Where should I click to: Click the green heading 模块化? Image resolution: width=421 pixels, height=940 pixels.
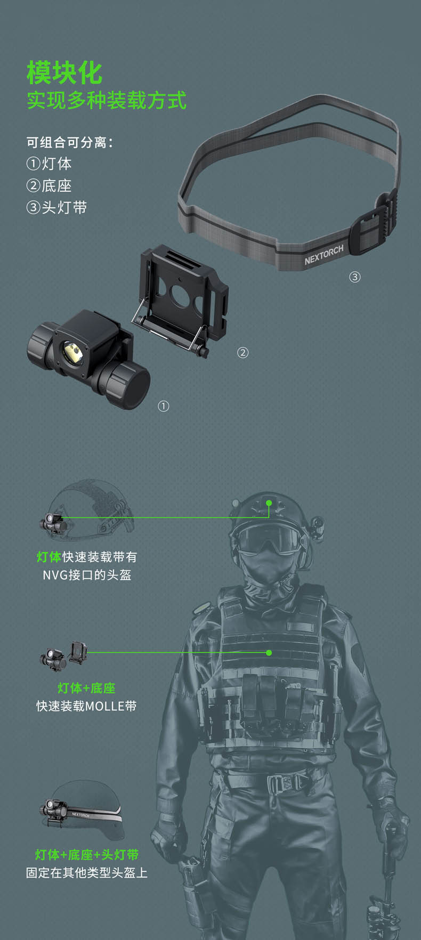pos(64,72)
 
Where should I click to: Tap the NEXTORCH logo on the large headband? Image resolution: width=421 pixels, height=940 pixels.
pos(324,255)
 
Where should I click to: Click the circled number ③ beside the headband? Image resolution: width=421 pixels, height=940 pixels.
pos(355,277)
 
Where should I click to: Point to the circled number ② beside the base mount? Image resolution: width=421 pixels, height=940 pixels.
pos(242,352)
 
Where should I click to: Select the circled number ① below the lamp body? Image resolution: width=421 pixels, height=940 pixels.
pos(164,406)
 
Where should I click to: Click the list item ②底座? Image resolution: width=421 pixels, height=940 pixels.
pos(48,185)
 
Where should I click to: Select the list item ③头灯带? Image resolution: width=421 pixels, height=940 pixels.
pos(56,207)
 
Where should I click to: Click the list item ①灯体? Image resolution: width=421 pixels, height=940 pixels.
pos(48,164)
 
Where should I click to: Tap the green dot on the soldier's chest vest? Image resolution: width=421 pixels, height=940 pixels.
pos(269,653)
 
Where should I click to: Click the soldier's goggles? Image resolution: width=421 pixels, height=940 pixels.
pos(269,538)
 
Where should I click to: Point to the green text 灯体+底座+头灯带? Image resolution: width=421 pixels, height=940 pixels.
pos(87,855)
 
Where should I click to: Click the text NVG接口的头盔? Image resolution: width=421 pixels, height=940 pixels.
pos(87,575)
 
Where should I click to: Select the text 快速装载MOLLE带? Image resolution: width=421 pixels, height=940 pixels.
pos(86,706)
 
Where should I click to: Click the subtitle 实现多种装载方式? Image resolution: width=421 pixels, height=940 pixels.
pos(107,100)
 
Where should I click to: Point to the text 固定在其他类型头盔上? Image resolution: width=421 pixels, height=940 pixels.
pos(87,873)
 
